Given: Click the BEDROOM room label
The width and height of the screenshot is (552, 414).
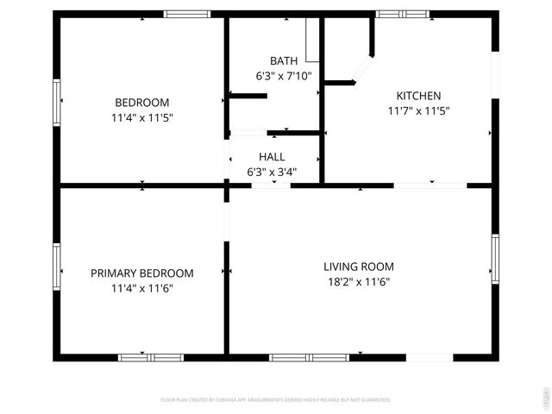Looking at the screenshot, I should pos(141,102).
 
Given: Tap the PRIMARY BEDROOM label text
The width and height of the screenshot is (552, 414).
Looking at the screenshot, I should pos(141,273).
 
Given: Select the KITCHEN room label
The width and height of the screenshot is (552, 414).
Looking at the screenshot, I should pos(418,96).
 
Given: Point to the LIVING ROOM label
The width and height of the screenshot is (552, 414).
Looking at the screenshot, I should pos(358,267).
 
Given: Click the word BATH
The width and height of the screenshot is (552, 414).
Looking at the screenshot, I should pos(284,61).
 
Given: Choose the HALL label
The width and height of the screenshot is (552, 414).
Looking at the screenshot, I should pos(272,157).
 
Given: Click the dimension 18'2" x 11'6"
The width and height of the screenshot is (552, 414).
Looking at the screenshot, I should pos(358,281).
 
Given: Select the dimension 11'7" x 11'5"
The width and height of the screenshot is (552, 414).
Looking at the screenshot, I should pos(418,110).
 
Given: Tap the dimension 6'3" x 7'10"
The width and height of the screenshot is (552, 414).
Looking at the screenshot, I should pos(284,76).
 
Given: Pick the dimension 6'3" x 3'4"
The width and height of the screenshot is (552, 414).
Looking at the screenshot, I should pos(272,172).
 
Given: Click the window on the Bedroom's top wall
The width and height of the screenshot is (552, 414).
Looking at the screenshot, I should pos(187,14).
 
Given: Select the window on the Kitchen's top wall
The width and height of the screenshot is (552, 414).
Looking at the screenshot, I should pos(403,14).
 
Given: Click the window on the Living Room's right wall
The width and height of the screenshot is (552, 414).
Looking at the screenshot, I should pos(495,256).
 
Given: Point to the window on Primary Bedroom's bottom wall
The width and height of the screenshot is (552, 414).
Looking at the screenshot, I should pos(151,357).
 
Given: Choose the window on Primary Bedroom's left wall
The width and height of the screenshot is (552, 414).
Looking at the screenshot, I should pos(57,268).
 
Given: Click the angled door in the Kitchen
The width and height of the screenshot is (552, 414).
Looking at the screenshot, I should pos(365,70).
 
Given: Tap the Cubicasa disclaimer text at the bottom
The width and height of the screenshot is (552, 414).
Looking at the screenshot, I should pos(276,399).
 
